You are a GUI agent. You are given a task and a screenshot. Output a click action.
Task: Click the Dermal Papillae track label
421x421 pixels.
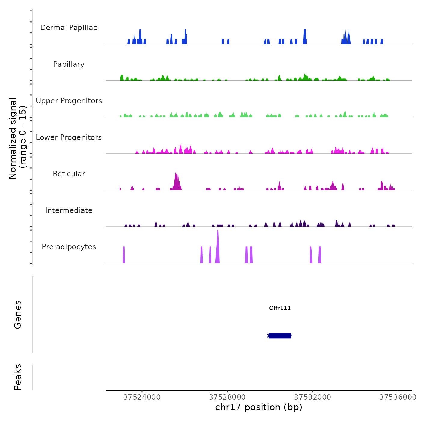click(x=69, y=28)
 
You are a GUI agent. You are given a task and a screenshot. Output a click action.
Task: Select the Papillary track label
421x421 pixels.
click(x=69, y=64)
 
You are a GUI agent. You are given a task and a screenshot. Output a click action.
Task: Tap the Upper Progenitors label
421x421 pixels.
click(x=69, y=101)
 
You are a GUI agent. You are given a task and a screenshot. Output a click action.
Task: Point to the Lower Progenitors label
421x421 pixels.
click(x=69, y=137)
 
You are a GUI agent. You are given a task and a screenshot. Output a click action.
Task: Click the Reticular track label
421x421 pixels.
click(x=69, y=174)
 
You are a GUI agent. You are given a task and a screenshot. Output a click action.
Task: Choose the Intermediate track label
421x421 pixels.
click(x=69, y=210)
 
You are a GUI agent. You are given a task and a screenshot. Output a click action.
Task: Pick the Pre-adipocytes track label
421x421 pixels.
click(x=69, y=247)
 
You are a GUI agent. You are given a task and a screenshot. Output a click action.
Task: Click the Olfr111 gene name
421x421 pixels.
click(x=280, y=308)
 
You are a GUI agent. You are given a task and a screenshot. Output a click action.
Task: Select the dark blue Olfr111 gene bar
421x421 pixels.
click(x=280, y=336)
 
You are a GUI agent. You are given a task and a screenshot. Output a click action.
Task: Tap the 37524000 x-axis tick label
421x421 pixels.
click(x=142, y=397)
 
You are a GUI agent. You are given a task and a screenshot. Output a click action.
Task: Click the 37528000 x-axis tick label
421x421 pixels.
click(x=227, y=397)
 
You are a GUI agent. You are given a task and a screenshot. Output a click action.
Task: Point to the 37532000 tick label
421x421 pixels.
click(x=312, y=397)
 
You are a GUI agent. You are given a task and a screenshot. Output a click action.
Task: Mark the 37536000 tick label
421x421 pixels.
click(x=398, y=397)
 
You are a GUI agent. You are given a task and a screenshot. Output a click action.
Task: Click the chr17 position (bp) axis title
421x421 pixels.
click(x=259, y=407)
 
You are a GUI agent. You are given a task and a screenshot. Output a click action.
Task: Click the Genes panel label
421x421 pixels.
click(x=18, y=315)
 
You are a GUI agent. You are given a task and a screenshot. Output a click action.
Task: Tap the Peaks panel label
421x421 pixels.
click(x=18, y=377)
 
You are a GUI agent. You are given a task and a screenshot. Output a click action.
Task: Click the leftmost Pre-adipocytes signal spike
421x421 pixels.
click(x=124, y=255)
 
